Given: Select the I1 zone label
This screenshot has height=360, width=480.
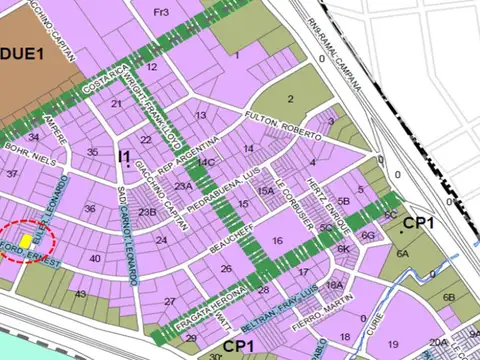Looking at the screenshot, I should click(x=124, y=157).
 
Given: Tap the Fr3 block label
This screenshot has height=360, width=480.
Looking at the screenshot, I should click(x=161, y=12).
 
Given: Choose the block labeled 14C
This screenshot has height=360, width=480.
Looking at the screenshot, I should click(x=206, y=161).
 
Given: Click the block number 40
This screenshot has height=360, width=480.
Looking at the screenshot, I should click(x=96, y=259).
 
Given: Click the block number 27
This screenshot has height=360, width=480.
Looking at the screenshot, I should click(x=170, y=301).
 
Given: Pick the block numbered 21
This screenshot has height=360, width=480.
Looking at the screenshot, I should click(x=117, y=104).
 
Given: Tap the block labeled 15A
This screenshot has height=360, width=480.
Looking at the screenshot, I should click(x=265, y=190).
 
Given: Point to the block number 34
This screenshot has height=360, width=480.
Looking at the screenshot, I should click(x=34, y=137).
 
